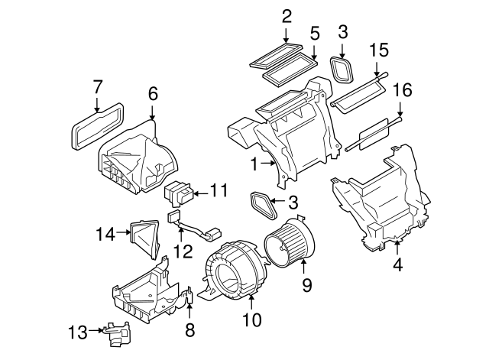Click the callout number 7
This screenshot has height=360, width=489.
[x=97, y=87]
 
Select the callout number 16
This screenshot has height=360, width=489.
[x=402, y=90]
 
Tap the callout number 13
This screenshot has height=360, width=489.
[x=78, y=332]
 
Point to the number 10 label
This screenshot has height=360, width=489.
[x=252, y=319]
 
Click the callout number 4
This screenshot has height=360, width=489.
[x=398, y=265]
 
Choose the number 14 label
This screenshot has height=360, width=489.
[x=105, y=234]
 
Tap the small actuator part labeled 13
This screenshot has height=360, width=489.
[x=117, y=333]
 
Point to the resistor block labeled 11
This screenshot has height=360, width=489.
[x=179, y=193]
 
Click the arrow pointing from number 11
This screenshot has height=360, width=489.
[x=201, y=193]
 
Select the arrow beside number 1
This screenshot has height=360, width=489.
[x=268, y=162]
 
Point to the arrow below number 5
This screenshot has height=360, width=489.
[x=314, y=53]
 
